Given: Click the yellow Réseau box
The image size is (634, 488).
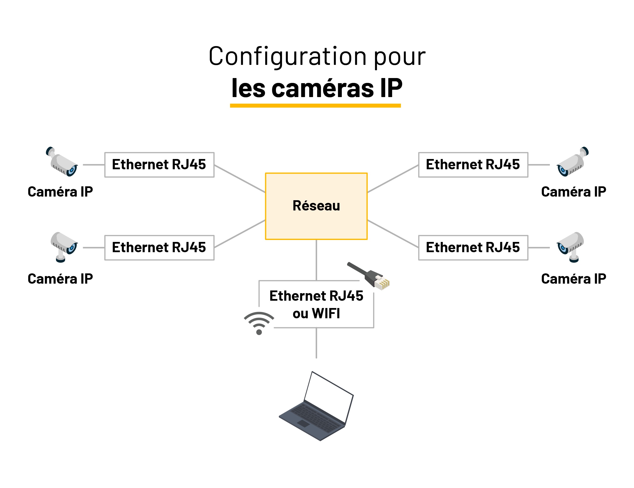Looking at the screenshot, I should click(x=316, y=206).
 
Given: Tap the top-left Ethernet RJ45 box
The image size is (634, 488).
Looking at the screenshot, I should click(x=159, y=165).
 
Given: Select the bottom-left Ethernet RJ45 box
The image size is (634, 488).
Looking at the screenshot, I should click(x=159, y=248).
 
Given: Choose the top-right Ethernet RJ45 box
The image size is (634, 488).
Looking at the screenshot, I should click(x=473, y=165).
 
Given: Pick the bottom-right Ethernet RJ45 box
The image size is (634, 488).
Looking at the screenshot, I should click(x=473, y=248).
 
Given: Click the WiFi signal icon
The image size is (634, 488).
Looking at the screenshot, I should click(x=259, y=322).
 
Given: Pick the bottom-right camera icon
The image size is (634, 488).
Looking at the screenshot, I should click(x=570, y=246).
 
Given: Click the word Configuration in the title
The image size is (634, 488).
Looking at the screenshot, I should click(x=287, y=57).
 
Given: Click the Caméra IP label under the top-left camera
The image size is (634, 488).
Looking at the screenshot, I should click(x=60, y=192).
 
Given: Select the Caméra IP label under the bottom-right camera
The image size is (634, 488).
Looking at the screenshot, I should click(x=574, y=279).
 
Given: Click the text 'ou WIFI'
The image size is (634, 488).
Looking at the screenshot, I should click(x=316, y=314).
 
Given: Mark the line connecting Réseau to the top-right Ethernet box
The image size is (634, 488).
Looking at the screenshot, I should click(x=393, y=179).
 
